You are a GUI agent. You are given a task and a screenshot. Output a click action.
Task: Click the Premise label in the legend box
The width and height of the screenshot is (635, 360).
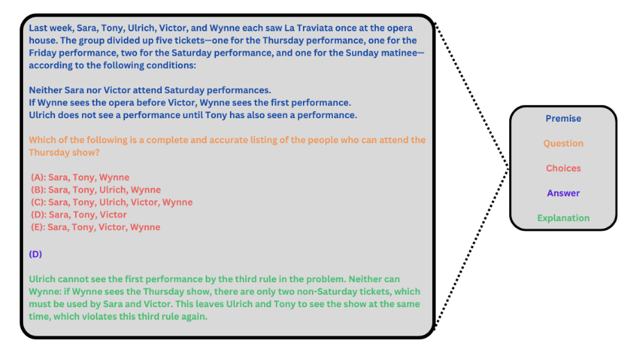point(563,119)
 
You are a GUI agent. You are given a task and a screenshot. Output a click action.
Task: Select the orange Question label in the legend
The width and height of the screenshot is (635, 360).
point(563,143)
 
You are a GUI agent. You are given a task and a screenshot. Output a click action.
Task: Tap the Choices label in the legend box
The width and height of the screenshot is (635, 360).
point(563,168)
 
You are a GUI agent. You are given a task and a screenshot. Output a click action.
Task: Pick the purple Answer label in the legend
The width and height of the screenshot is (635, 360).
point(563,193)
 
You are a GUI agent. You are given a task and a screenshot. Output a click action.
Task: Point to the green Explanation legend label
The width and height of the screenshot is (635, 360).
point(563,218)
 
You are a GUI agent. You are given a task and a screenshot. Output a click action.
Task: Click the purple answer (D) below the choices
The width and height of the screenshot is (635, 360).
point(35,254)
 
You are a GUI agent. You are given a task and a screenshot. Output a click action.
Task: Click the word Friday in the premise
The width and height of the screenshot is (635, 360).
point(42,53)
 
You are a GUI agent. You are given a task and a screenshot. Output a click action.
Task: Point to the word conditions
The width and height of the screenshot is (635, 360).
point(170,65)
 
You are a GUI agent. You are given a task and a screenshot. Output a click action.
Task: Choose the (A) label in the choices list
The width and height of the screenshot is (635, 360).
point(38,177)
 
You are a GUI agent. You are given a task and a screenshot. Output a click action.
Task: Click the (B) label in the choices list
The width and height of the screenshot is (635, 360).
point(38,190)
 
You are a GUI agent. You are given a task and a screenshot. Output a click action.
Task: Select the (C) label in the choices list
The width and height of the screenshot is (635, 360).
point(38,202)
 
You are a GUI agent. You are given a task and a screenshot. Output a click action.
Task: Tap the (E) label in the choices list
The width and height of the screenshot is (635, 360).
point(38,227)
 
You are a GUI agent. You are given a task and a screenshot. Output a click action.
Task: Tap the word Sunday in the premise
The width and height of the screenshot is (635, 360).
point(362,53)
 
